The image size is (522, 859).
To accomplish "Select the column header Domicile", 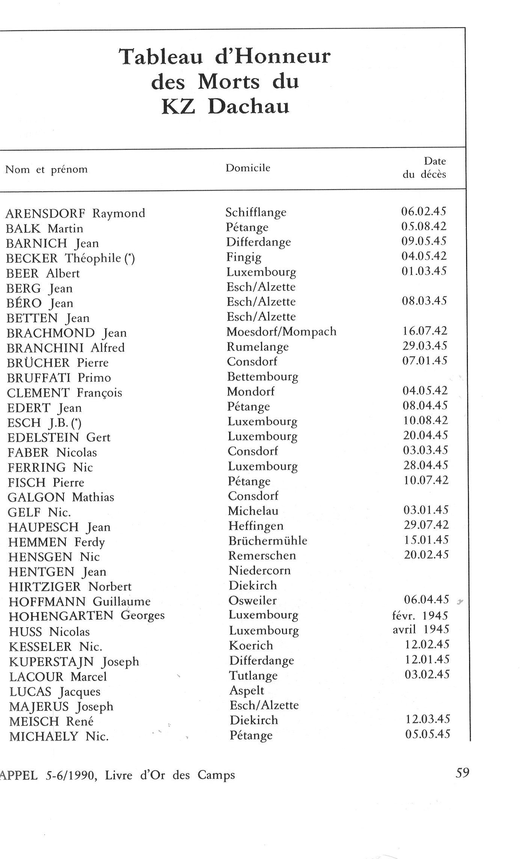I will click(247, 168).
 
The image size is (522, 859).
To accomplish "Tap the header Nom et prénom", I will click(47, 170).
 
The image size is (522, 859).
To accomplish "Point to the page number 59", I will click(462, 773).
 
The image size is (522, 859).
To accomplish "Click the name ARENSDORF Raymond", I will click(75, 213).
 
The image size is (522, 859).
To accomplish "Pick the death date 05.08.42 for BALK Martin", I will click(424, 226).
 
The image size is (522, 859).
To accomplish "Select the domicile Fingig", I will click(244, 258).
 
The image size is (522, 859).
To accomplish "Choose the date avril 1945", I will click(421, 630).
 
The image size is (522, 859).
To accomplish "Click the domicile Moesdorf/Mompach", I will click(281, 332).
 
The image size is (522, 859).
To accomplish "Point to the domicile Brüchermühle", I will click(268, 541).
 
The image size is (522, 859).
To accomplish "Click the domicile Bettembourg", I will click(263, 377).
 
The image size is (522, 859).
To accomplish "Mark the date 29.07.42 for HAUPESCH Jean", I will click(426, 525).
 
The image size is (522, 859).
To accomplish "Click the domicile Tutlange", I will click(253, 675).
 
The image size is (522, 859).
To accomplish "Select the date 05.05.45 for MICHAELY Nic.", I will click(427, 734).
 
